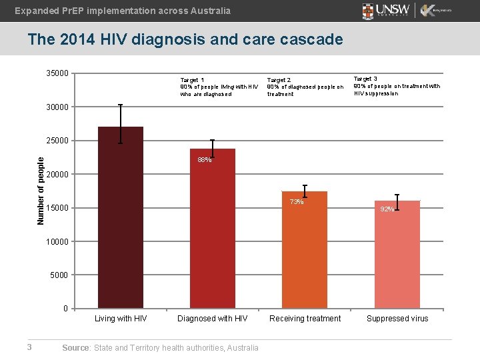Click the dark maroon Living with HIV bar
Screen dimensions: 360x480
(120, 220)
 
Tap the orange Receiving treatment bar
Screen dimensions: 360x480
(305, 253)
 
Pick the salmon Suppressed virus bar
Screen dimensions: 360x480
(397, 257)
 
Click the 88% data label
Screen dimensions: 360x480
(205, 160)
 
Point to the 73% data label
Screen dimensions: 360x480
(297, 202)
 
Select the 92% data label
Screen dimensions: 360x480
(387, 209)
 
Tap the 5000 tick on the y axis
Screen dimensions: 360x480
(59, 275)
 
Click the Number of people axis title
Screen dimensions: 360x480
(41, 190)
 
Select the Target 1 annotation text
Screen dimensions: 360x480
(219, 87)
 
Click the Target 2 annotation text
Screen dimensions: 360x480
(305, 87)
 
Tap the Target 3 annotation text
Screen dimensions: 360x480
(396, 86)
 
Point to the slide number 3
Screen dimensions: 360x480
(29, 346)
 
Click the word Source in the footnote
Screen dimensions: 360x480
(75, 347)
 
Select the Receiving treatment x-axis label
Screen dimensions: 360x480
(305, 319)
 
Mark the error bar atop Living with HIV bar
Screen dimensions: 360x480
(120, 124)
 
